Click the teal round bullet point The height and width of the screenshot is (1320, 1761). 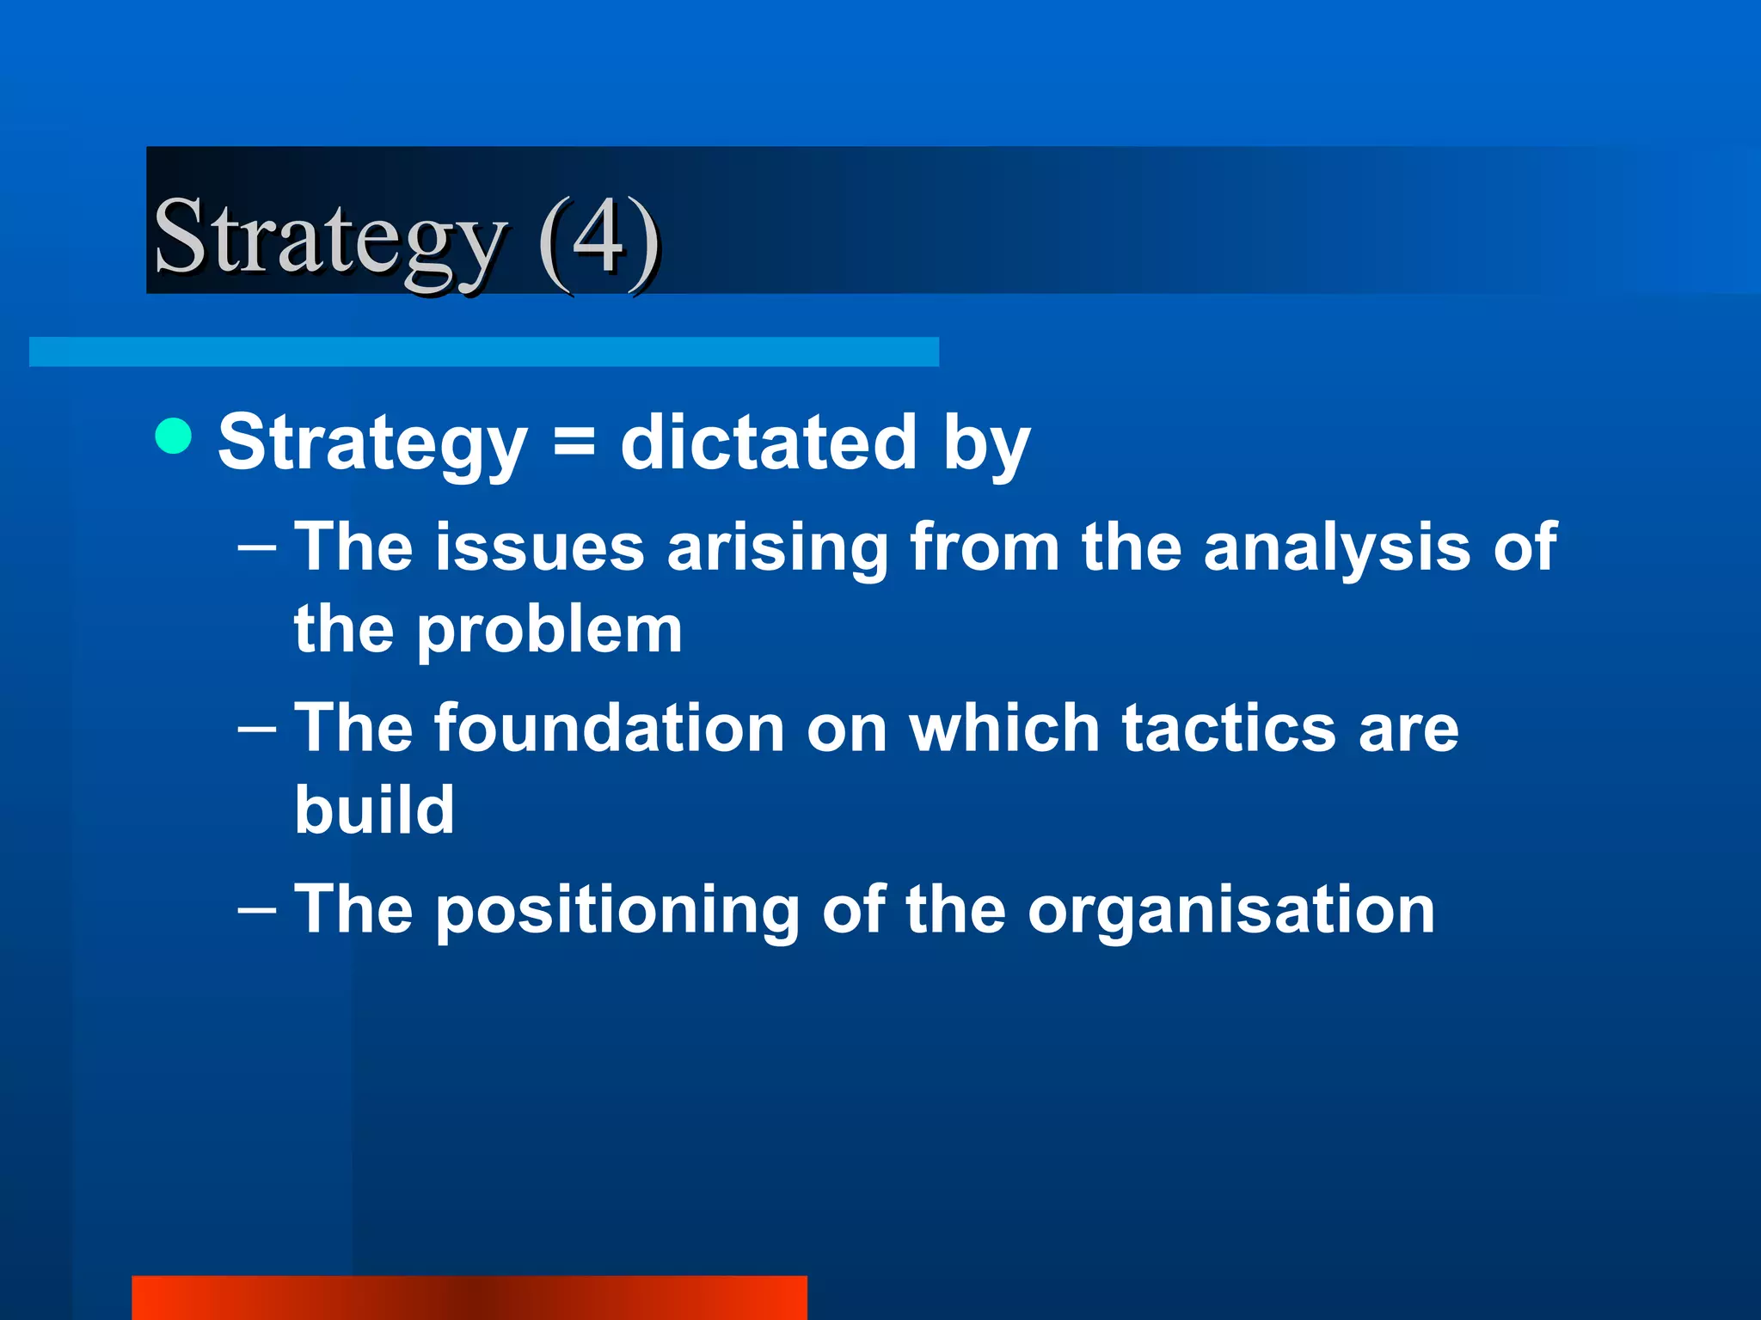[x=174, y=436]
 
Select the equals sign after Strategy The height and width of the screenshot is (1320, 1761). [x=574, y=444]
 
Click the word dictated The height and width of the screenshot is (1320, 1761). [x=769, y=443]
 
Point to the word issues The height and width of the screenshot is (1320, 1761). [x=539, y=547]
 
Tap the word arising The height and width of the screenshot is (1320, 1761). [x=777, y=547]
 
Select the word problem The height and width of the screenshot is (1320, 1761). [x=549, y=632]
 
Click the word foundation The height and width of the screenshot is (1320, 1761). [x=609, y=729]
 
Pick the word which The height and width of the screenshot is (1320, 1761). [x=1004, y=729]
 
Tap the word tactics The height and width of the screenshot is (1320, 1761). [x=1229, y=729]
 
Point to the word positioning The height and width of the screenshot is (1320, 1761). [x=617, y=911]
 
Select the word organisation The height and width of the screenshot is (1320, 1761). [x=1230, y=911]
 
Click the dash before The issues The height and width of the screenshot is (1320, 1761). [x=256, y=547]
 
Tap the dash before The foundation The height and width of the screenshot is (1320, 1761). [x=256, y=730]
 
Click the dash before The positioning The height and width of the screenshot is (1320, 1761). [x=256, y=910]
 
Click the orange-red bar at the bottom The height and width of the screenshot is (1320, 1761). [x=469, y=1298]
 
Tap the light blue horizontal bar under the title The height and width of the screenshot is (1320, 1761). [x=483, y=351]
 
